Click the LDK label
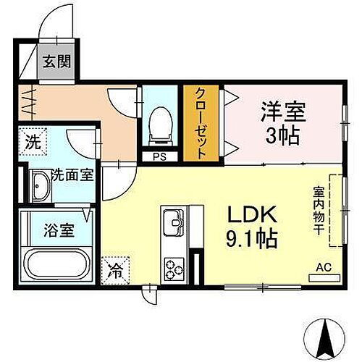point(253,215)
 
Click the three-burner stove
point(174,269)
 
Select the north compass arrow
point(325,334)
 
